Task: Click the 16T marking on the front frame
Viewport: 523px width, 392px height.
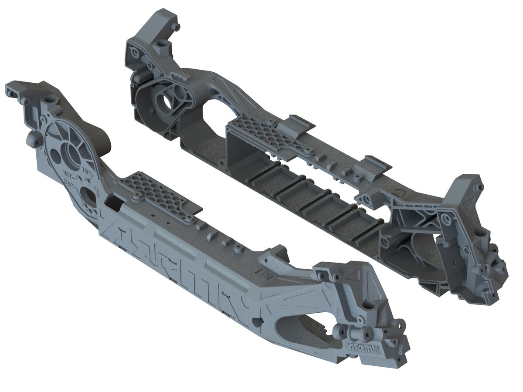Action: pyautogui.click(x=69, y=173)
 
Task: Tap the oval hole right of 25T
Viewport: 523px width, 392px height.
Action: pyautogui.click(x=89, y=196)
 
